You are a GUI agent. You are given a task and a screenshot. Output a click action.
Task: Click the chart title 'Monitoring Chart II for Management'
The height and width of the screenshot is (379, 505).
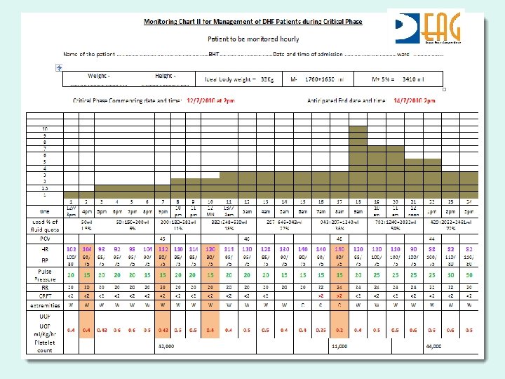(x=253, y=22)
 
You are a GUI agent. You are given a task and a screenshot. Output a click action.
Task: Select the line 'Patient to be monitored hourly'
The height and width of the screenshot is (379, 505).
(x=253, y=39)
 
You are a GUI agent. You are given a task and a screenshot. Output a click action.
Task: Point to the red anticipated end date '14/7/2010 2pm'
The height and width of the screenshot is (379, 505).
(x=415, y=101)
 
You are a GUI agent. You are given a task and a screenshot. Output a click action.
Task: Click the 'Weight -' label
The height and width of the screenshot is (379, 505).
(x=99, y=76)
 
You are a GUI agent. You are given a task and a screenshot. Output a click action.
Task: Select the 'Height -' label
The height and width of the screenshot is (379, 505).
(x=165, y=76)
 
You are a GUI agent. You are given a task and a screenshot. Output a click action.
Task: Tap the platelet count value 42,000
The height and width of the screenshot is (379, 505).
(x=167, y=347)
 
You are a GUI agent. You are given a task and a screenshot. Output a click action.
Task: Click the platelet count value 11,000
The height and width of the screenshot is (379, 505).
(x=339, y=347)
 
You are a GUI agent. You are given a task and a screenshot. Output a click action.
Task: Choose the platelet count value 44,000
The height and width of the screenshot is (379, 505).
(x=433, y=347)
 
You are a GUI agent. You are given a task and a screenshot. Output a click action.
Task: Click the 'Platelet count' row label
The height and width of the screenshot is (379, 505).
(x=45, y=346)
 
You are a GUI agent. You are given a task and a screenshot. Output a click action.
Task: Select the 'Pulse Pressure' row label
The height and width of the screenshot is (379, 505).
(x=45, y=275)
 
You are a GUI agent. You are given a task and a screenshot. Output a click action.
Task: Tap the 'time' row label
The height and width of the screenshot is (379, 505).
(x=45, y=210)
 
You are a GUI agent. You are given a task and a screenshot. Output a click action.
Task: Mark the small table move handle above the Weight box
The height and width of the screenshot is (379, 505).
(x=60, y=67)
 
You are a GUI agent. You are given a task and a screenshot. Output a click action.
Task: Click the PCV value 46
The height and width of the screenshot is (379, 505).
(x=339, y=239)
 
